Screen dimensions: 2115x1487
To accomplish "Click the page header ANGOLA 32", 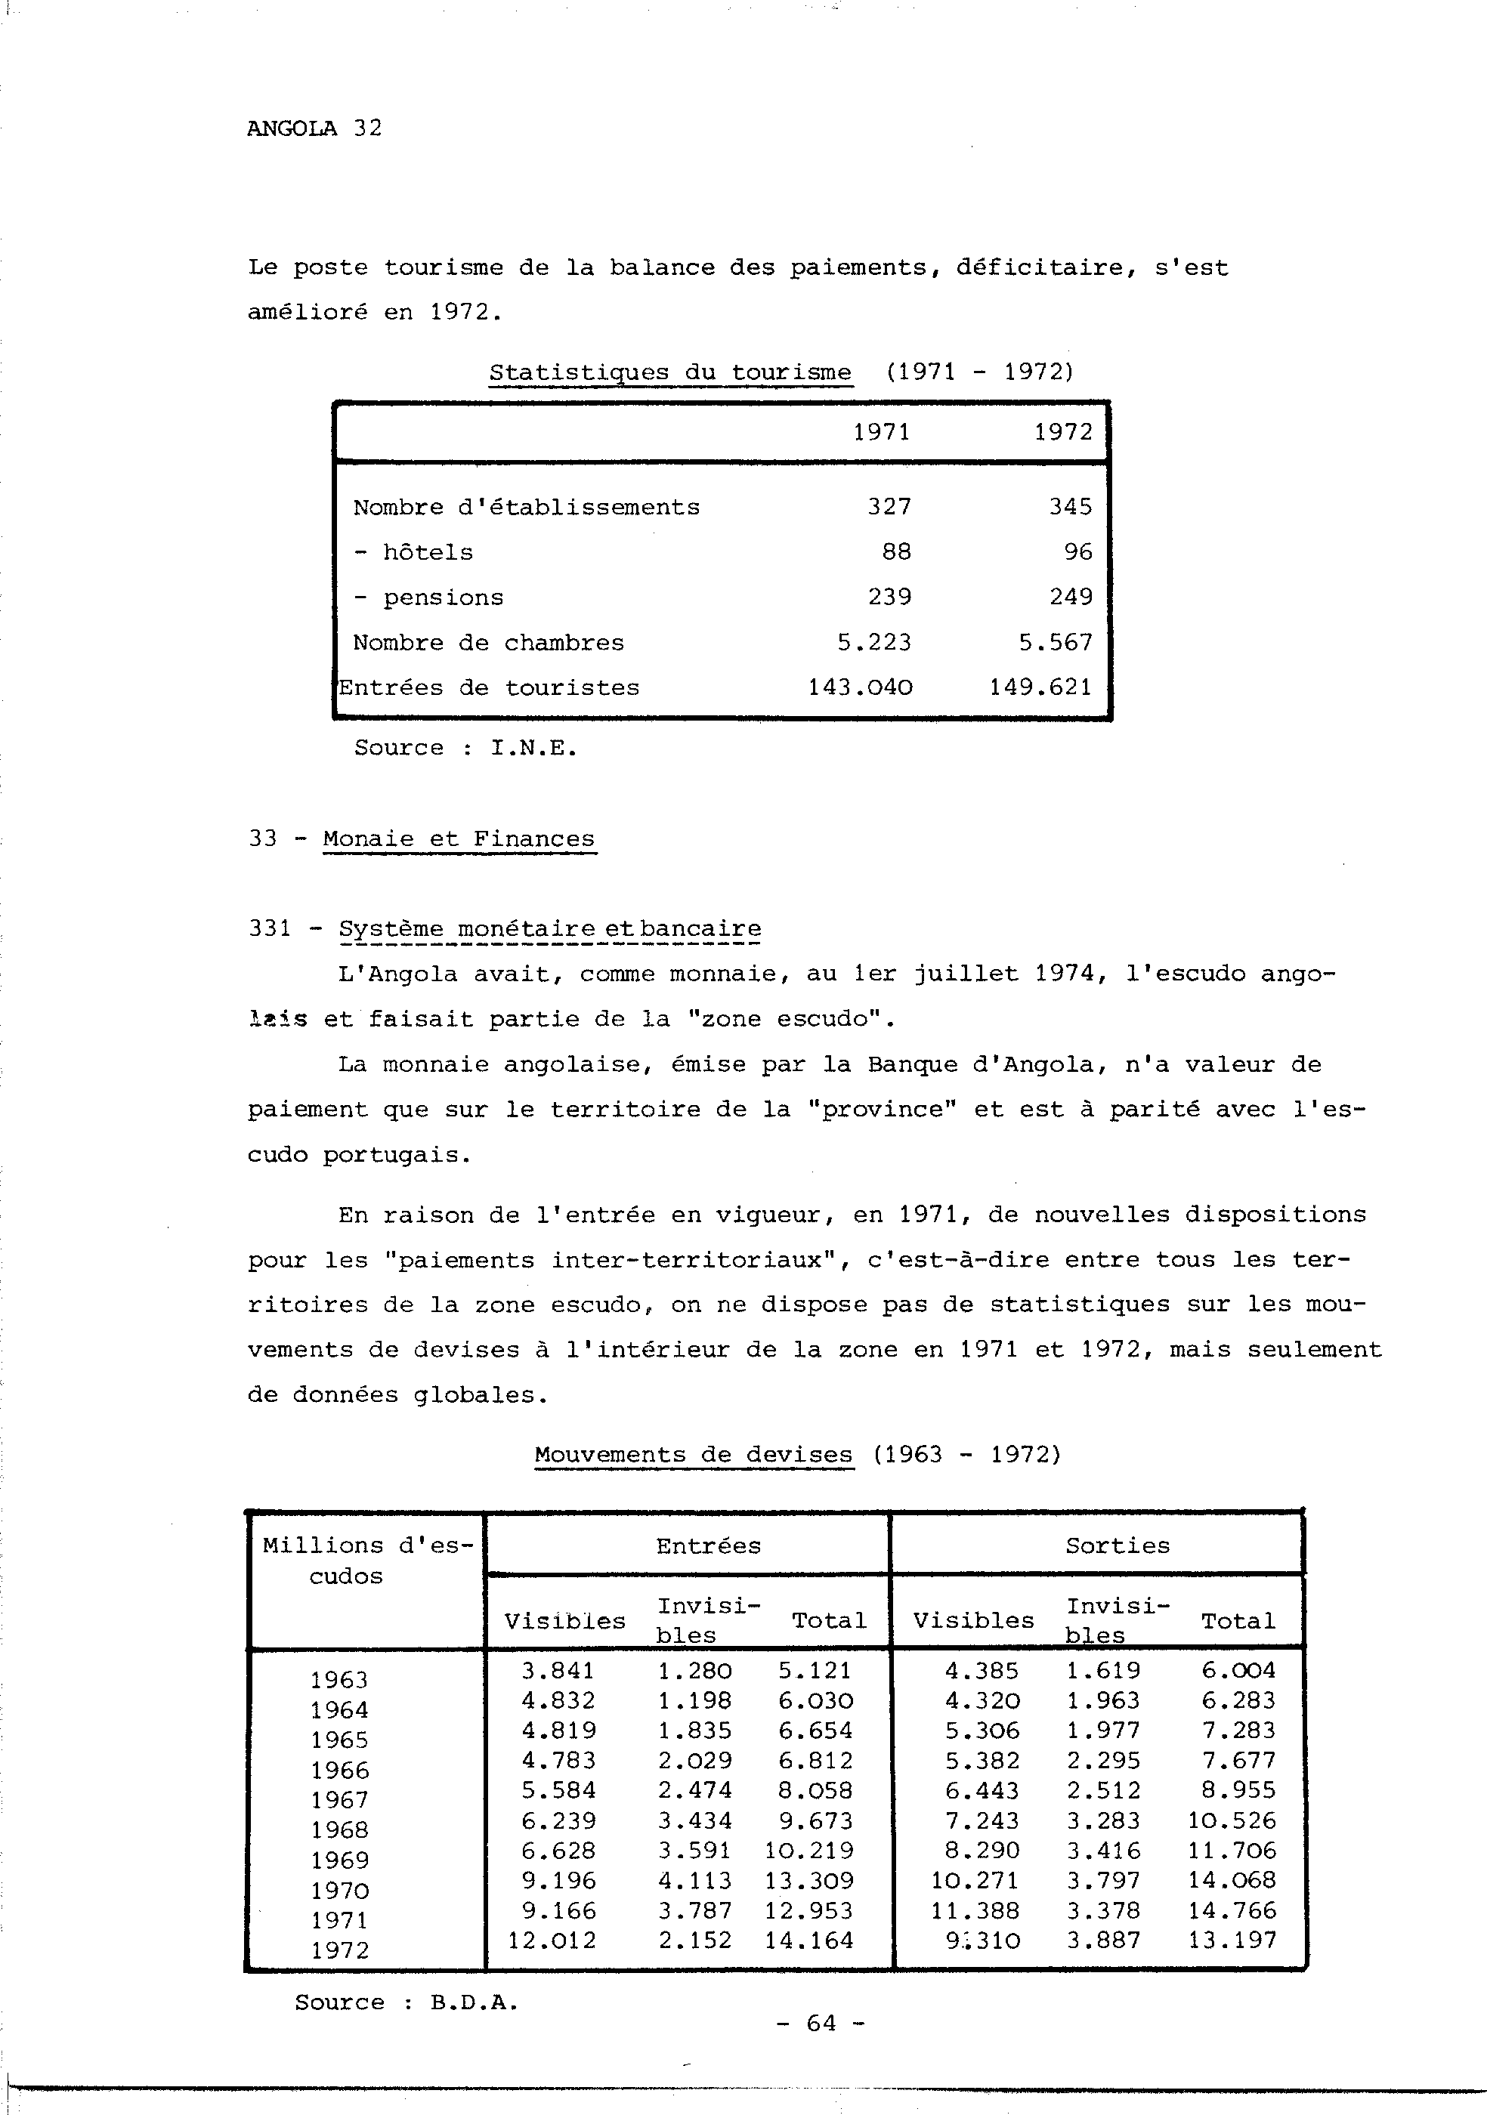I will click(314, 128).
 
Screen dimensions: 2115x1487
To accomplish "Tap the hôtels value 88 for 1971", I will click(895, 551).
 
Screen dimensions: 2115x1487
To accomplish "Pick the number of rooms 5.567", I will click(1055, 642).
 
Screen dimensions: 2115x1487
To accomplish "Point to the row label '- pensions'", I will click(428, 597).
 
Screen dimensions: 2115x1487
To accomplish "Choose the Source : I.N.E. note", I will click(465, 747).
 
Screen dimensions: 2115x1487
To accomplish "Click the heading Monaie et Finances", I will click(459, 839).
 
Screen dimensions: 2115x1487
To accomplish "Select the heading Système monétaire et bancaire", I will click(549, 929).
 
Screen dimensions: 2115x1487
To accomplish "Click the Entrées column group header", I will click(709, 1545).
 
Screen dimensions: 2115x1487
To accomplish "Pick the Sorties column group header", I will click(1118, 1545).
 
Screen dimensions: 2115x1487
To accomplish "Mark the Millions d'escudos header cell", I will click(366, 1561).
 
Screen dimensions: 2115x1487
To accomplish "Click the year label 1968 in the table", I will click(339, 1830).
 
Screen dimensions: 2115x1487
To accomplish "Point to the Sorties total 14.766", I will click(1232, 1910).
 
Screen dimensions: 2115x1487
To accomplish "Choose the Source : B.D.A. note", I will click(407, 2002).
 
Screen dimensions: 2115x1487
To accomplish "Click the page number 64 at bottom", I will click(820, 2023).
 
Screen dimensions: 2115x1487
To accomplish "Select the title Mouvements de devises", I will click(693, 1456).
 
